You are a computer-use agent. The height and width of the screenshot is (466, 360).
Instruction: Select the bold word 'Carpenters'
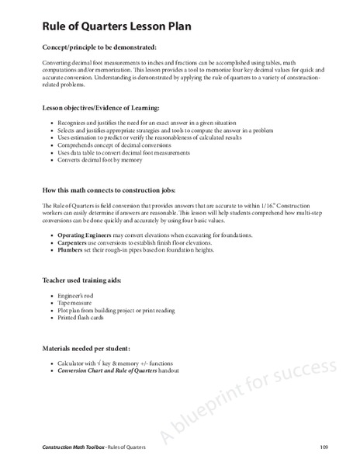(76, 243)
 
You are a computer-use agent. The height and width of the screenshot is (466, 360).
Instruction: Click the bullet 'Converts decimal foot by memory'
(106, 160)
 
